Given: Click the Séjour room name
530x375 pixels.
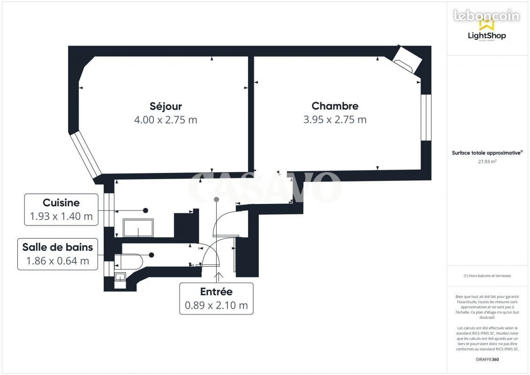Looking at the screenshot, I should point(166,106).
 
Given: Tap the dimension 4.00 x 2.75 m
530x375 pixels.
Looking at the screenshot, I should point(166,120).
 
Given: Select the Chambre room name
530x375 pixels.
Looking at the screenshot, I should point(335,106).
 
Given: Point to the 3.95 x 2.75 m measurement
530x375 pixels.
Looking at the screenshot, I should point(335,120).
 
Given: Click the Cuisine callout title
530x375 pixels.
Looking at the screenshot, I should point(61,203).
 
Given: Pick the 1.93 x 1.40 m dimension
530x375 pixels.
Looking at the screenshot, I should point(61,217).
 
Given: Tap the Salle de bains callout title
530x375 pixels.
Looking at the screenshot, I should point(58,247).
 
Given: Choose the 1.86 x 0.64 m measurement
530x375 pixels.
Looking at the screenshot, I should point(58,261).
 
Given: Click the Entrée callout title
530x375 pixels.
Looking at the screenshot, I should point(216,292).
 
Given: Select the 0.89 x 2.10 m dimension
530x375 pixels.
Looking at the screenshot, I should point(216,306).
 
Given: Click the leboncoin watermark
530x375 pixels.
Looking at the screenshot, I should point(486,15).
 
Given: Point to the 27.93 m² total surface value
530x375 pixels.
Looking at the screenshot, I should point(487,161).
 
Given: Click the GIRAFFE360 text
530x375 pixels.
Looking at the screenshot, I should point(487,359).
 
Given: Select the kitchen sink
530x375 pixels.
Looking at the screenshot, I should point(137,228).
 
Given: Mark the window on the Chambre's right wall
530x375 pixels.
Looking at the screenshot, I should point(425,117).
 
